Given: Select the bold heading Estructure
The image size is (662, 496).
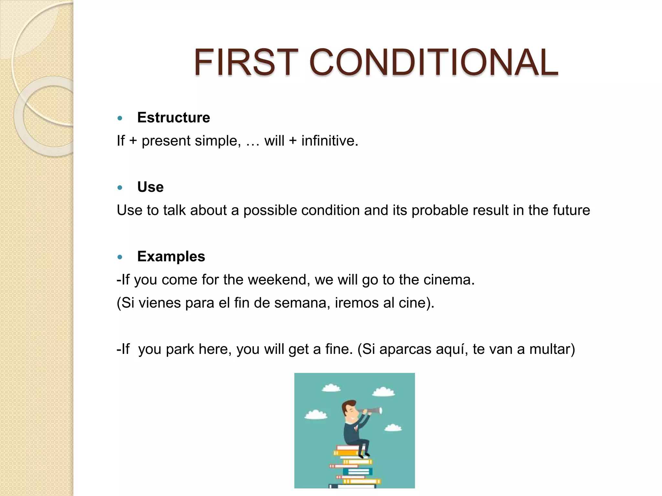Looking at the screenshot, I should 174,118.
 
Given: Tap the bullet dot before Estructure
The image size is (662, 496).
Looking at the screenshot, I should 120,118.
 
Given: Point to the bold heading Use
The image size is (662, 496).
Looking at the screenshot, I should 150,187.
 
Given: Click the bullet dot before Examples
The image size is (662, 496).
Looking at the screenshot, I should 120,257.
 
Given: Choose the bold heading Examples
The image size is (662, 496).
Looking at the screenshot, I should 171,257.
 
